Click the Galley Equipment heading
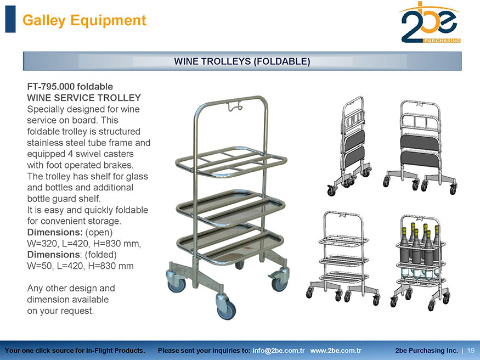(84, 20)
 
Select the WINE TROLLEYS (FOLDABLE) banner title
(242, 61)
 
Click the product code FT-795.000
(50, 87)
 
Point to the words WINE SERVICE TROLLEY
(84, 98)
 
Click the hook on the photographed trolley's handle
(234, 106)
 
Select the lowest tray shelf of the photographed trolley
(230, 246)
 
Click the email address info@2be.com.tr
(279, 351)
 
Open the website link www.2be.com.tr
(336, 351)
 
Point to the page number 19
(471, 351)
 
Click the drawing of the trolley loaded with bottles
(421, 263)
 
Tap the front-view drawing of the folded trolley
(420, 147)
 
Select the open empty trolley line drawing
(343, 258)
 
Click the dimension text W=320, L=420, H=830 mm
(84, 244)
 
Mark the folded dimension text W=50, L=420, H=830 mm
(80, 266)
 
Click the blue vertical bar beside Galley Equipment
(10, 19)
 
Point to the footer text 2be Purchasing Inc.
(426, 351)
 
